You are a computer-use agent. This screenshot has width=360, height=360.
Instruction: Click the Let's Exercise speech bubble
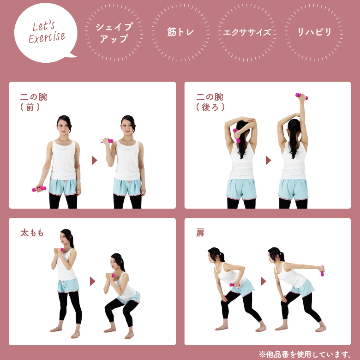tap(46, 33)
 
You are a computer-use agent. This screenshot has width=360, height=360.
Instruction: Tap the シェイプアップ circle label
tap(114, 33)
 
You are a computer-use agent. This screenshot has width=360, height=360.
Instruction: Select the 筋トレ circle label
tap(180, 32)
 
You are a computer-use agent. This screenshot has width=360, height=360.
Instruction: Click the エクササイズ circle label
tap(247, 32)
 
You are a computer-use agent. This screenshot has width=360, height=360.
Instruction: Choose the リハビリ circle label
tap(314, 32)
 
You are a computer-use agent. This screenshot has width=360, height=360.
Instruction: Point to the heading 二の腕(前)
tap(34, 102)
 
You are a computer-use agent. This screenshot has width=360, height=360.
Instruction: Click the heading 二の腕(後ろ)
tap(210, 102)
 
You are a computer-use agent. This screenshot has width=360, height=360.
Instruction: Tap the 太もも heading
tap(32, 233)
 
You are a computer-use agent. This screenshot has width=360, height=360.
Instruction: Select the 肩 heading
tap(200, 233)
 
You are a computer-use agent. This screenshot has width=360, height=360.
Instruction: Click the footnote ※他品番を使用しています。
tap(305, 354)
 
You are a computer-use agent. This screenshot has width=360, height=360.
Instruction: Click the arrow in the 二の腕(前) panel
tap(94, 160)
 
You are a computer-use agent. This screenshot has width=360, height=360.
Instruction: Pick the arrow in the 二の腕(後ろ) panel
tap(268, 160)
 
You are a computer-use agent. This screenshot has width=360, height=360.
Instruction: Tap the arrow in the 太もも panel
tap(92, 281)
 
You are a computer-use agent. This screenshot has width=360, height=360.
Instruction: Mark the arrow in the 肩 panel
tap(263, 281)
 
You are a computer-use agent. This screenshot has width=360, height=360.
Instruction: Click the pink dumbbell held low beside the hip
tap(39, 189)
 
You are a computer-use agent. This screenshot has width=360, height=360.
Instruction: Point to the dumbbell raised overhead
tap(301, 96)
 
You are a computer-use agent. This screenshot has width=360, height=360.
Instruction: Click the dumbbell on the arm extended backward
tap(322, 271)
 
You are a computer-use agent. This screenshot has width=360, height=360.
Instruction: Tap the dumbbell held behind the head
tap(236, 135)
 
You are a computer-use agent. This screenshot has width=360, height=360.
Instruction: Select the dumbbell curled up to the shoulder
tap(107, 141)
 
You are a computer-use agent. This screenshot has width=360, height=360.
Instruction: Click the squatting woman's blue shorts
tap(129, 298)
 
